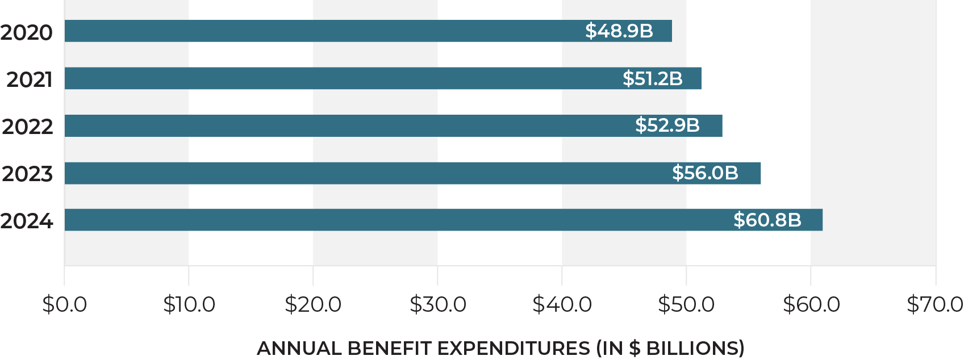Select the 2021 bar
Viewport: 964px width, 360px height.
(341, 78)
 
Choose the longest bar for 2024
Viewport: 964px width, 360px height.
(398, 220)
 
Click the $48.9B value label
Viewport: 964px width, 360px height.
(619, 31)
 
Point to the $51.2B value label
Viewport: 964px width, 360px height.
(652, 78)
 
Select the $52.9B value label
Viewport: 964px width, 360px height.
(667, 125)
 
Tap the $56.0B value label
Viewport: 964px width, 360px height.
(705, 173)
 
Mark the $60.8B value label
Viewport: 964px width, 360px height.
(767, 220)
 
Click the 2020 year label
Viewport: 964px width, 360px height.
(27, 32)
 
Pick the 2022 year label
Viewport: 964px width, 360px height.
(27, 126)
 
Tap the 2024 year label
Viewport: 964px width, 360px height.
(27, 221)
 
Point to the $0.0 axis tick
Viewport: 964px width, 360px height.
(64, 305)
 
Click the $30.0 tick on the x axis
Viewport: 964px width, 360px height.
(437, 305)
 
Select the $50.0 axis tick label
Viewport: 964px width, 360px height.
(686, 305)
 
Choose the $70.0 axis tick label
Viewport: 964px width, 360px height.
(934, 305)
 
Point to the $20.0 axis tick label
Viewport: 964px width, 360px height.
(313, 305)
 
